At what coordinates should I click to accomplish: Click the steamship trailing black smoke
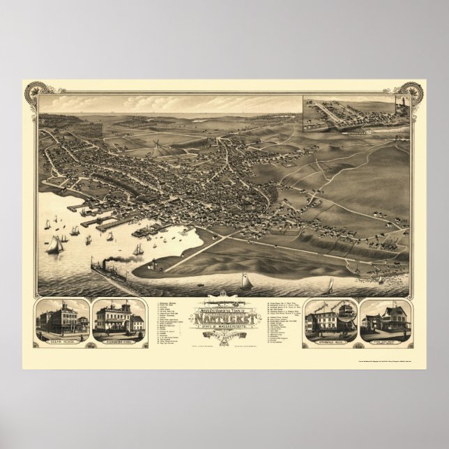click(x=108, y=268)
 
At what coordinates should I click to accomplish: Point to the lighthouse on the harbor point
click(x=149, y=264)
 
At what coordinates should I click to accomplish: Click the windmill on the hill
click(x=158, y=142)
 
